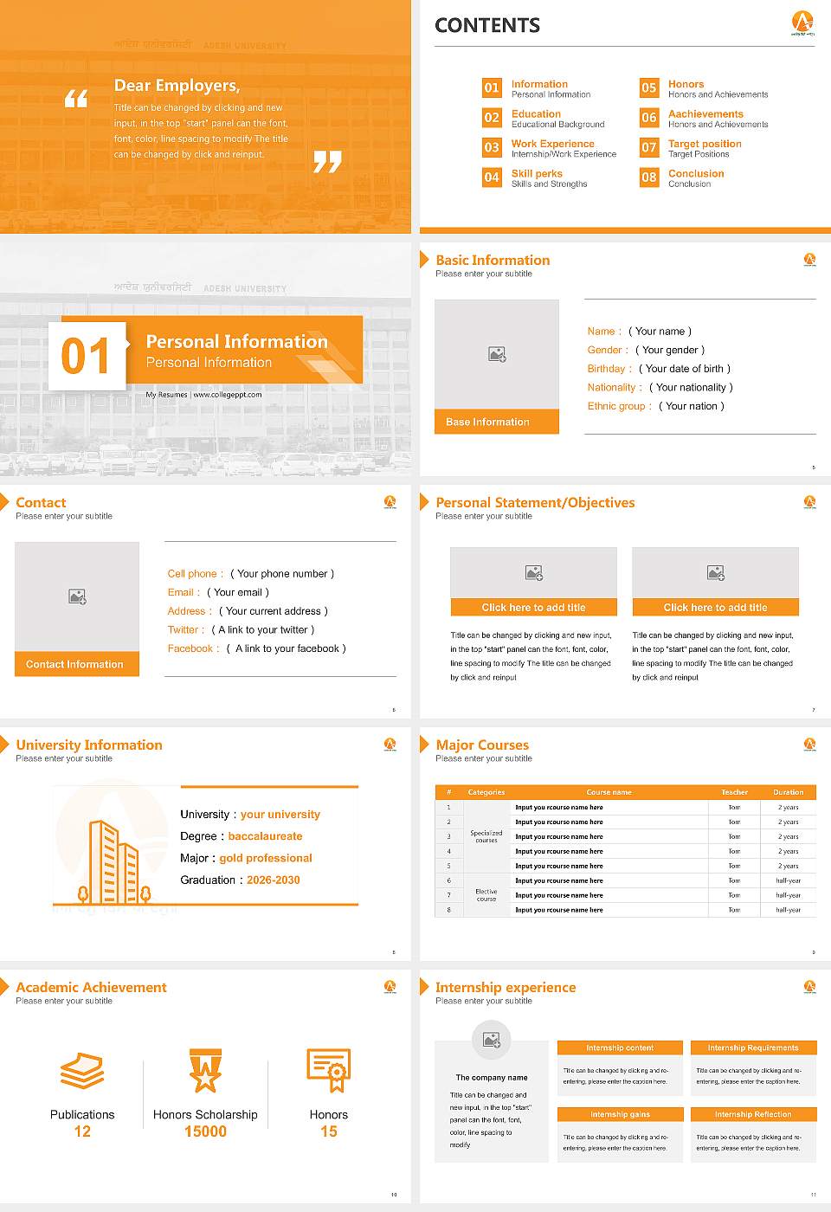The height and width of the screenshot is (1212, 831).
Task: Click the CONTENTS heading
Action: (x=487, y=26)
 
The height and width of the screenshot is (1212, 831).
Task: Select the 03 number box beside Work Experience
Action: (x=492, y=147)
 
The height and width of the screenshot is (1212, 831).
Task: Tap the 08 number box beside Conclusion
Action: (x=649, y=177)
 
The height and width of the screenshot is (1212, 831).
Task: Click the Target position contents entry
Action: (x=705, y=144)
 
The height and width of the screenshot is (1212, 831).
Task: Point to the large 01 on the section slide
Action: (x=87, y=356)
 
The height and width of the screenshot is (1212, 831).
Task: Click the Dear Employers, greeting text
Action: (x=177, y=86)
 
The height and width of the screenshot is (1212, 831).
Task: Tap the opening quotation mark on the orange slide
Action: (x=76, y=99)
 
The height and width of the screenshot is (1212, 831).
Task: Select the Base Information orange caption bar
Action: (x=497, y=422)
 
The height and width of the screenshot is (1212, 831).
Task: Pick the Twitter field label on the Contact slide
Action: (x=186, y=630)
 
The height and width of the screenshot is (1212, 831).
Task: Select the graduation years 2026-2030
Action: (x=274, y=880)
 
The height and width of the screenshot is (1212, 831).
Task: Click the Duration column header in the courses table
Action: (x=788, y=792)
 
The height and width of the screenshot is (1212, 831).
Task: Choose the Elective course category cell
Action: (x=486, y=895)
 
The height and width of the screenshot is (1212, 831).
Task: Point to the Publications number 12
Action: (x=82, y=1131)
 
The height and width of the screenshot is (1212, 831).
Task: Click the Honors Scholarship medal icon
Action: (x=205, y=1070)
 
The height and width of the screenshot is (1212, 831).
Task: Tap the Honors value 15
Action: (x=329, y=1131)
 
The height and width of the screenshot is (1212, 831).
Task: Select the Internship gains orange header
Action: (x=620, y=1114)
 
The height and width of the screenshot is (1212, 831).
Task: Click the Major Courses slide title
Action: (x=482, y=745)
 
